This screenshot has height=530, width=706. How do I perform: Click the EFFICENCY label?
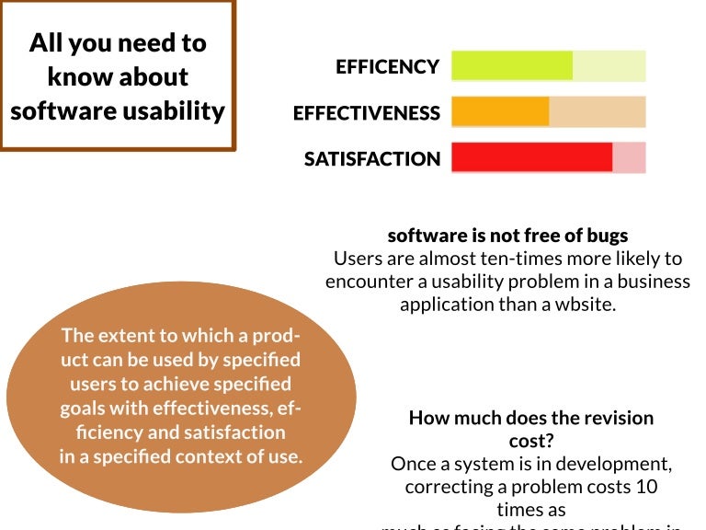(387, 67)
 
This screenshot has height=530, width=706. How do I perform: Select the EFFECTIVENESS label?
(366, 113)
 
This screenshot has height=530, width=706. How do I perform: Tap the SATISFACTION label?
(372, 159)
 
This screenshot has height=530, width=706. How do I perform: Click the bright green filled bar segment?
(512, 66)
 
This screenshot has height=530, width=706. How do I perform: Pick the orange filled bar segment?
(500, 112)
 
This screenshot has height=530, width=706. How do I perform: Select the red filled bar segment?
(531, 157)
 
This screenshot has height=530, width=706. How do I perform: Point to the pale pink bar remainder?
(630, 157)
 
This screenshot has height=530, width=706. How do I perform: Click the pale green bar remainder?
(609, 66)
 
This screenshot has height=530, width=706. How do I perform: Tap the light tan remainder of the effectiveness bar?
(598, 112)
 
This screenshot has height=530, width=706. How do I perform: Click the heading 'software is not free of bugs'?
(507, 236)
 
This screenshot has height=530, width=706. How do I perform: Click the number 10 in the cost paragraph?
(642, 486)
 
